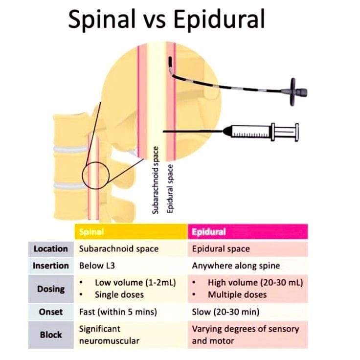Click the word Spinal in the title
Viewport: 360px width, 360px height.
102,20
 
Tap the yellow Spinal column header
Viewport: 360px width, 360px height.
131,232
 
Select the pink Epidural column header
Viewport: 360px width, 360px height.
247,232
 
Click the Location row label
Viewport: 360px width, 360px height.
51,249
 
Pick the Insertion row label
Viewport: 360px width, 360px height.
51,266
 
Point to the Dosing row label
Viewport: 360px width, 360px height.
51,289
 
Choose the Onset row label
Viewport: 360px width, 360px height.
51,312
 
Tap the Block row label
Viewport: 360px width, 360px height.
51,335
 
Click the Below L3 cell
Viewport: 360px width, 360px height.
97,266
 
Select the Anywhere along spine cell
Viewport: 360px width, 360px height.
236,266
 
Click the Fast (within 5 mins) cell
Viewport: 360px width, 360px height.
118,312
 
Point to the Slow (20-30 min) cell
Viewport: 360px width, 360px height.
225,312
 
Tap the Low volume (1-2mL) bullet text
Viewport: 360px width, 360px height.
135,283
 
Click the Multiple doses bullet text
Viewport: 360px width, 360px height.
237,295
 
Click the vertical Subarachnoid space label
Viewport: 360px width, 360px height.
156,180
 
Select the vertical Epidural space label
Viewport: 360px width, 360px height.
170,189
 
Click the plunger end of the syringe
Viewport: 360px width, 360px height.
296,132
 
